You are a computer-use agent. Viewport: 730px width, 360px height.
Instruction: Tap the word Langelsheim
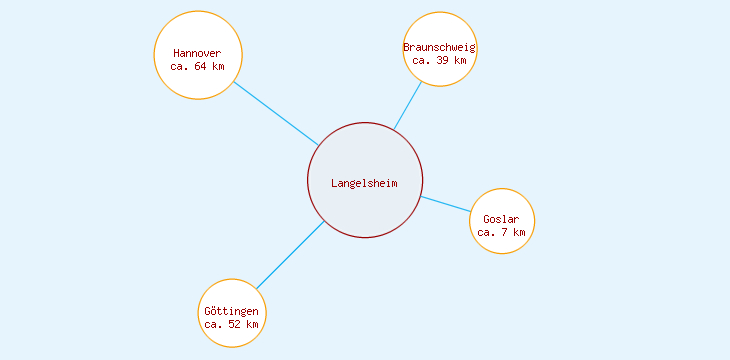point(365,183)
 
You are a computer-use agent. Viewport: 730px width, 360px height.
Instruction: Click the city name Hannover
point(197,53)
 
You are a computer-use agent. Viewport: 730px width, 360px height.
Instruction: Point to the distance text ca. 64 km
point(197,66)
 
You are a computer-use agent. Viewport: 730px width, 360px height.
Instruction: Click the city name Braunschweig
point(440,47)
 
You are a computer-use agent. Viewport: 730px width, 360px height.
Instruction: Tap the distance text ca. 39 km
point(440,60)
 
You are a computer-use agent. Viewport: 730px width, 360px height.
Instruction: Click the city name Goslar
point(501,219)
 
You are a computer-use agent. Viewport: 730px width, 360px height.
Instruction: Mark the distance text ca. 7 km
point(501,232)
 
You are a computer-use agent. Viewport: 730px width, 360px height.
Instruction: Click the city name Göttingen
point(232,311)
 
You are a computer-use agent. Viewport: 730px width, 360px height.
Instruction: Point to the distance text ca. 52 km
point(232,324)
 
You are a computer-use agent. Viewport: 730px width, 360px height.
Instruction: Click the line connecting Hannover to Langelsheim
point(276,113)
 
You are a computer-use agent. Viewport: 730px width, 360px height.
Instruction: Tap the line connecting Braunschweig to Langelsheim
point(408,105)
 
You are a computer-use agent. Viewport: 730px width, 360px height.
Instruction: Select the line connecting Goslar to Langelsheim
point(445,204)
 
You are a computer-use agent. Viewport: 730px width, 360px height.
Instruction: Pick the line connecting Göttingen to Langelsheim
point(290,255)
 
